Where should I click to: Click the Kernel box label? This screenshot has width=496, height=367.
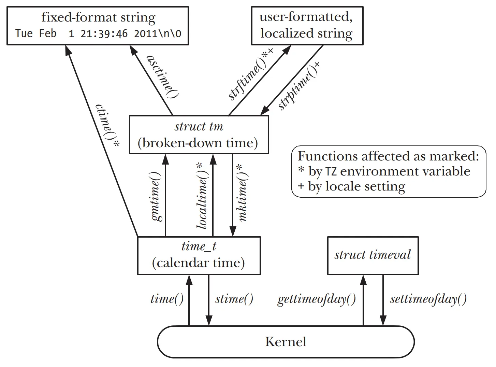286,342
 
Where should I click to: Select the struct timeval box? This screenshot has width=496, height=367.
373,255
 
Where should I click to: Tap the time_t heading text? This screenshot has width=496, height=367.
199,246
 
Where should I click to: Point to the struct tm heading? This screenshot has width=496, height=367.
199,127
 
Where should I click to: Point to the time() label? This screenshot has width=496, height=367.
167,299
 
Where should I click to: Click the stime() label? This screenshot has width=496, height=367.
234,299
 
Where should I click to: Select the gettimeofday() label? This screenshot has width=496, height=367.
317,299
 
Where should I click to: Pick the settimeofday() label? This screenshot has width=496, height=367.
428,299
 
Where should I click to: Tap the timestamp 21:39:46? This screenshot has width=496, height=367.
104,33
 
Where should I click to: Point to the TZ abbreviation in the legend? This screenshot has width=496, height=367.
331,172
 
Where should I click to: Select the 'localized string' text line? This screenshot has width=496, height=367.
306,33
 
